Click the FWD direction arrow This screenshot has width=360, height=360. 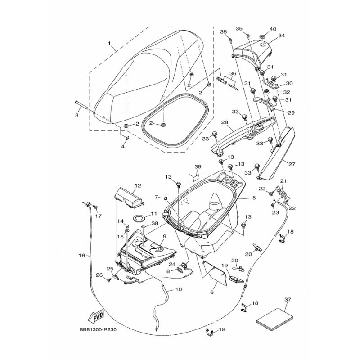[96, 317]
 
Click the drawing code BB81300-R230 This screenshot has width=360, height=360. [98, 330]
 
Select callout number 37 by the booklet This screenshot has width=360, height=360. [288, 299]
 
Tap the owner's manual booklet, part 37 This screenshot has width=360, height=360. [274, 319]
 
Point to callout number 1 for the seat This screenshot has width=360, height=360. [109, 43]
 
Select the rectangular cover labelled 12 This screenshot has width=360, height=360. [128, 198]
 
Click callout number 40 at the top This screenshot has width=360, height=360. [273, 29]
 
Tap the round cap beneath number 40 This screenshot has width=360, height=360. [263, 36]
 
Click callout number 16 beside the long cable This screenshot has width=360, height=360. [82, 255]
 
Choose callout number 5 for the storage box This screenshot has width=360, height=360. [254, 198]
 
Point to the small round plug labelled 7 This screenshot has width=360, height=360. [165, 198]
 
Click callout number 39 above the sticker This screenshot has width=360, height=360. [198, 166]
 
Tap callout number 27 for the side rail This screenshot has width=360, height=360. [292, 164]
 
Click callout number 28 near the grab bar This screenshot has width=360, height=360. [225, 122]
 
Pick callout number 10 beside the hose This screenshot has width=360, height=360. [178, 289]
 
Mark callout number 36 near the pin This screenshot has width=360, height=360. [233, 73]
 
